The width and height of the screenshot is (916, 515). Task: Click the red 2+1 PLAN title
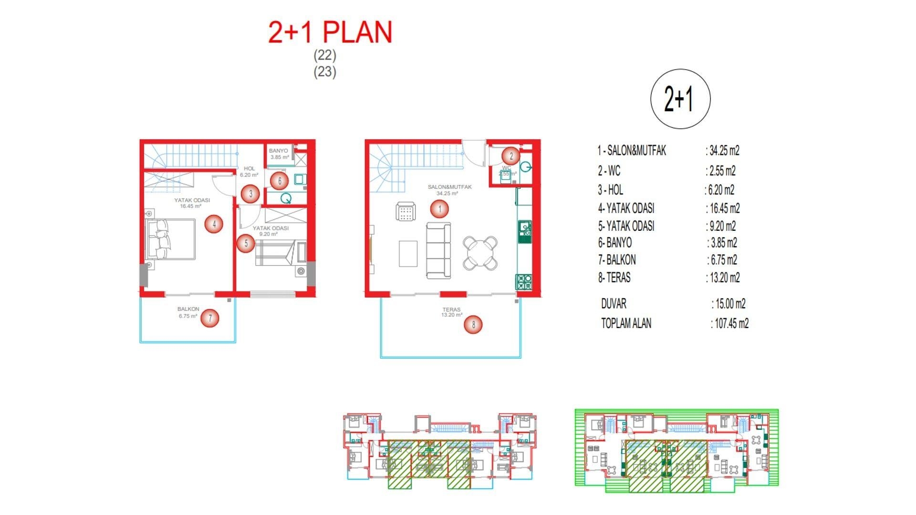(x=330, y=32)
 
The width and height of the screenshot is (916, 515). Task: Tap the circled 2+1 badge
(x=680, y=99)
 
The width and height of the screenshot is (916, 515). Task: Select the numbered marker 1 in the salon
(x=439, y=208)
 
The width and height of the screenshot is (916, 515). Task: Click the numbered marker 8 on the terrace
(x=473, y=325)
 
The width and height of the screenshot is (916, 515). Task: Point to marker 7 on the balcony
(x=210, y=318)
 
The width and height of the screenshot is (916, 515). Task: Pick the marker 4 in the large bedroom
(x=214, y=224)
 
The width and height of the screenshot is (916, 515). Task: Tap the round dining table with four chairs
(x=480, y=253)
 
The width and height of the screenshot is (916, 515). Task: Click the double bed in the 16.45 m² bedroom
(x=171, y=239)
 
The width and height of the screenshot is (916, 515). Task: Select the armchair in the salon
(x=406, y=211)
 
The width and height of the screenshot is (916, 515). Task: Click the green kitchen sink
(x=524, y=230)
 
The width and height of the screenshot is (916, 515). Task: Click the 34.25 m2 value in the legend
(x=724, y=151)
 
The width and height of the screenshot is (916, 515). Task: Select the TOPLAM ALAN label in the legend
(x=626, y=323)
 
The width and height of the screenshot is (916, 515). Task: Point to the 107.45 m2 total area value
(x=731, y=324)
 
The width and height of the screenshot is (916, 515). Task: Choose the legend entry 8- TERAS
(x=614, y=278)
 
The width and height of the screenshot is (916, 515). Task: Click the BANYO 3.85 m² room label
(x=279, y=154)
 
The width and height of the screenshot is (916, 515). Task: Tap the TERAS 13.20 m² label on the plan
(x=451, y=312)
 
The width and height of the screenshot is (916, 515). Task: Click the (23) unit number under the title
(x=324, y=72)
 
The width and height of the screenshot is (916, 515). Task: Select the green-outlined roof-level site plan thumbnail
(x=677, y=450)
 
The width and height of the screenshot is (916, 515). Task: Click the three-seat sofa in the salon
(x=438, y=250)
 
